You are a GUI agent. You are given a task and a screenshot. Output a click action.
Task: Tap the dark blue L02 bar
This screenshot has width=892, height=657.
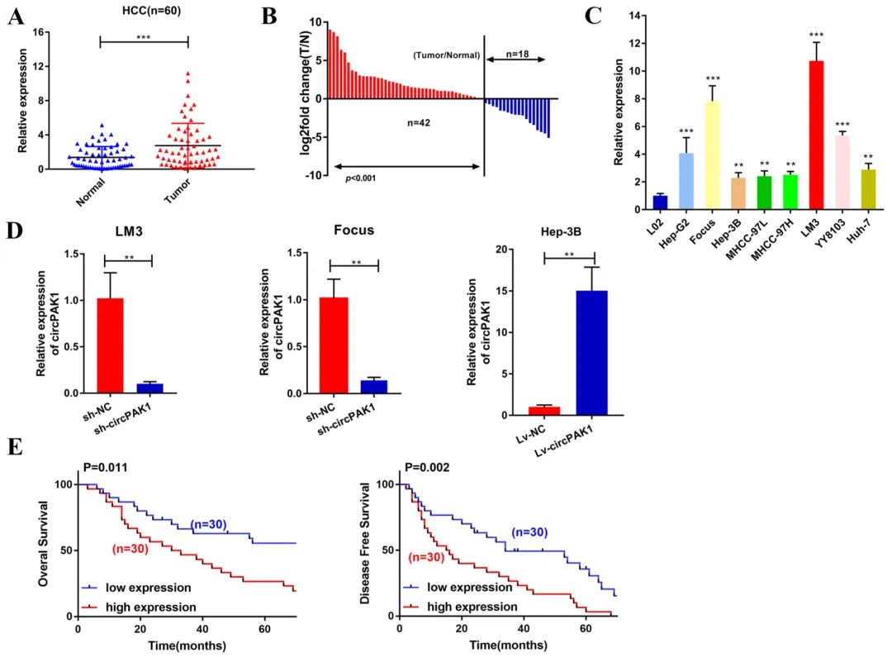click(660, 202)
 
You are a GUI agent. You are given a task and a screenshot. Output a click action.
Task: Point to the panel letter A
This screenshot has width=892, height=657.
click(15, 16)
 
